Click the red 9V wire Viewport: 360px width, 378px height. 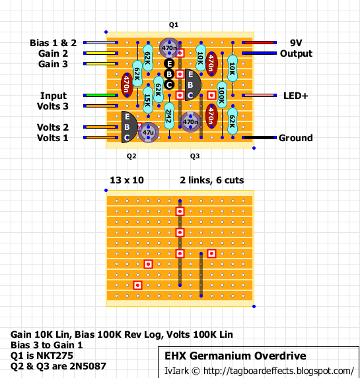click(x=259, y=43)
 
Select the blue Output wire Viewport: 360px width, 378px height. click(x=259, y=53)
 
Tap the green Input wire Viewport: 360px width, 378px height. click(x=100, y=96)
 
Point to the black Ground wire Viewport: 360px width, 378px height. click(x=259, y=138)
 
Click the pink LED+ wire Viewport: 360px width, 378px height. click(x=259, y=96)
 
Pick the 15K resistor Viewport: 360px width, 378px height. click(x=148, y=100)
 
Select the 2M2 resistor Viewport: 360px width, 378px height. click(x=169, y=116)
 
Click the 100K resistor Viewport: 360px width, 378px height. click(x=222, y=95)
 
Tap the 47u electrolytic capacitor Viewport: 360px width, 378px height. click(x=148, y=133)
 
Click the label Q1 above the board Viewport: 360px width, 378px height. click(x=174, y=24)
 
